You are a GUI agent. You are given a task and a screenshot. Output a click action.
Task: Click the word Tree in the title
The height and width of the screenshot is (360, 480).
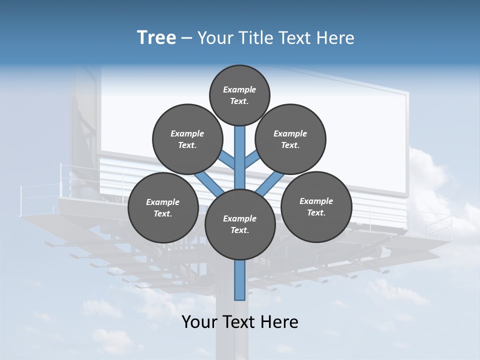point(156,38)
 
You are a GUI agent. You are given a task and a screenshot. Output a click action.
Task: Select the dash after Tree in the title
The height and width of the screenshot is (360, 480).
point(187,38)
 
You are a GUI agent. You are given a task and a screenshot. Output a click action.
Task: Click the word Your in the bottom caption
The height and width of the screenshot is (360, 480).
point(199,322)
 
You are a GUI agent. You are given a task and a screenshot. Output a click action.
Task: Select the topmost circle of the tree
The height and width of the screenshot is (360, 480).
point(239,95)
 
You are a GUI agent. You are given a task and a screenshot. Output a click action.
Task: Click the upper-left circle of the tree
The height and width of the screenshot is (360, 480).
point(187,139)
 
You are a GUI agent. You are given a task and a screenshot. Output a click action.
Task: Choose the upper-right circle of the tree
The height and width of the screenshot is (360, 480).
point(290,139)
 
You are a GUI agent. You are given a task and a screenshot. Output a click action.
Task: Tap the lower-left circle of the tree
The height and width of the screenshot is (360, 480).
point(163,207)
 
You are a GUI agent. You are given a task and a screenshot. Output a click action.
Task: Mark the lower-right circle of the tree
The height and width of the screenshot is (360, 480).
point(316,206)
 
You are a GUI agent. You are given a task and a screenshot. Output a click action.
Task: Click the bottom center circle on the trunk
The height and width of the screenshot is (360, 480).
point(240,224)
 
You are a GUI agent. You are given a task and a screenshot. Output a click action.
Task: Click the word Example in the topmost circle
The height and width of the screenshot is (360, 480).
point(239,89)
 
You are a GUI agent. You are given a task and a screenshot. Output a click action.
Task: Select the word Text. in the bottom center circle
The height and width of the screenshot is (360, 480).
point(239,230)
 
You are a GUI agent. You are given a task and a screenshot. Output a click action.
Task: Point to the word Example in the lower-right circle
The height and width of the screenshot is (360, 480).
point(316,201)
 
